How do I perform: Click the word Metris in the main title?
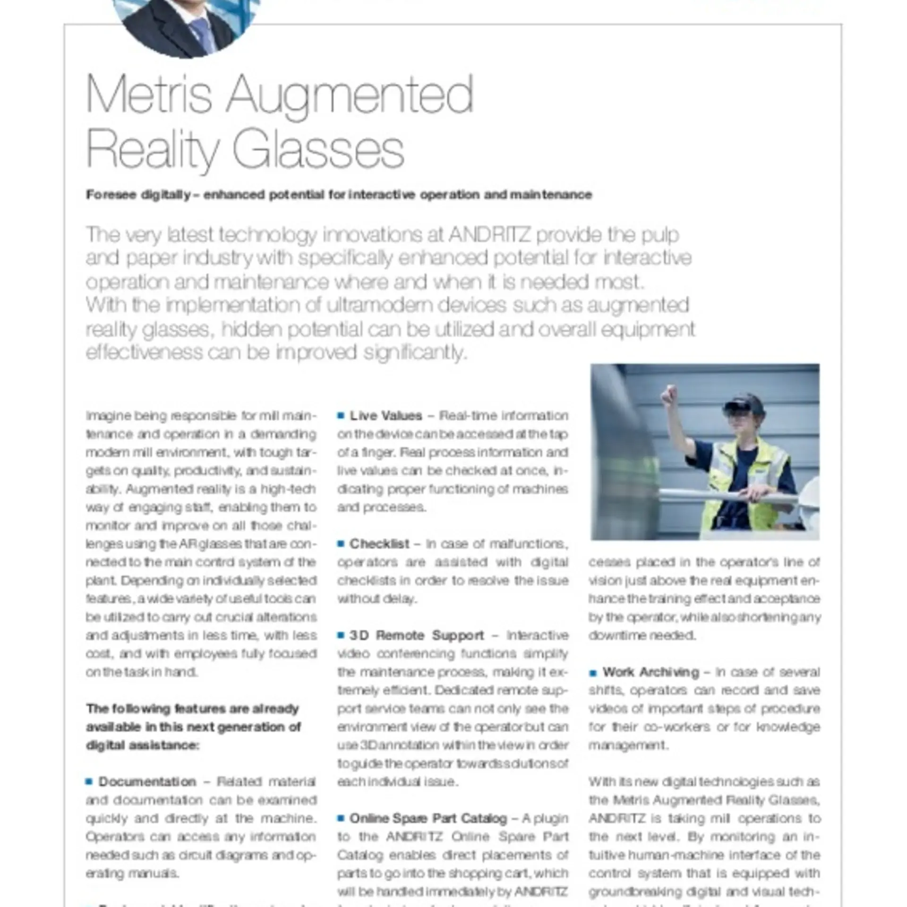(x=148, y=94)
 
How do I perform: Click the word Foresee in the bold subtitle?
(x=111, y=195)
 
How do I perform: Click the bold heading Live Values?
(x=385, y=416)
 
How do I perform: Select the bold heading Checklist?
(x=379, y=544)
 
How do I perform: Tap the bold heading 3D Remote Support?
(x=417, y=635)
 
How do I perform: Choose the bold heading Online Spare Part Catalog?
(x=428, y=818)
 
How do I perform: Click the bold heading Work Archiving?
(x=650, y=672)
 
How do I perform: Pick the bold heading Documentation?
(x=147, y=782)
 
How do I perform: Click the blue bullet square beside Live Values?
(x=341, y=416)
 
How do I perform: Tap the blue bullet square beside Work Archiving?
(x=593, y=673)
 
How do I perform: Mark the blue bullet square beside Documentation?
(x=89, y=782)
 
